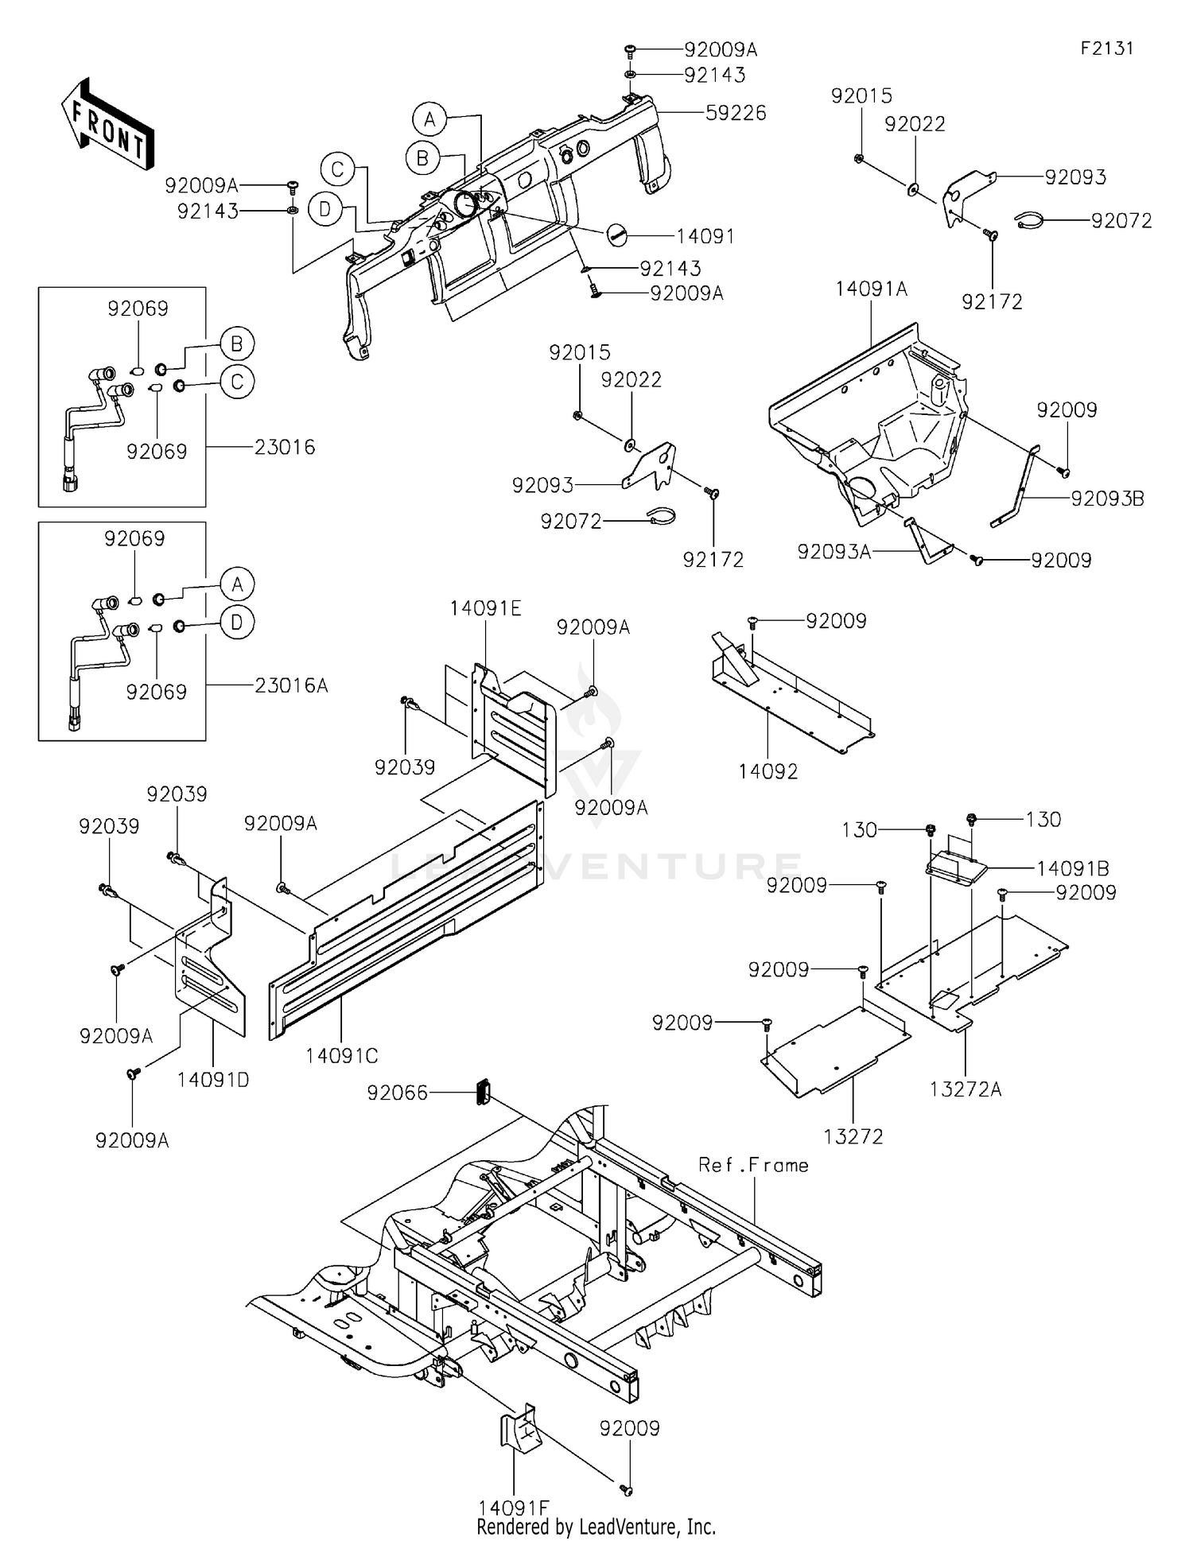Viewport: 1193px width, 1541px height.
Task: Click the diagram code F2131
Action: click(1106, 49)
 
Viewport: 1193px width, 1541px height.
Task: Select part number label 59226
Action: click(736, 113)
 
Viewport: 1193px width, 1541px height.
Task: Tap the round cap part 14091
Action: click(617, 234)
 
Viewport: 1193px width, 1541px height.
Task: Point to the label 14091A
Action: click(871, 289)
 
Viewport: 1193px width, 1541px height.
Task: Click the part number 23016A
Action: click(291, 685)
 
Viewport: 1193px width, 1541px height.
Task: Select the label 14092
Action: click(767, 771)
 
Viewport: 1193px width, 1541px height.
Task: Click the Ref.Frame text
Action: click(753, 1166)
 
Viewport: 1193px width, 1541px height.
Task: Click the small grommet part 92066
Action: click(482, 1092)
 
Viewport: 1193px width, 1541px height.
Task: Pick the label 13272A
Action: click(966, 1090)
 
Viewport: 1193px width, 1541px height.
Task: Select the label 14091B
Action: click(1072, 868)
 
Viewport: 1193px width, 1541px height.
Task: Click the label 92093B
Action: click(1107, 499)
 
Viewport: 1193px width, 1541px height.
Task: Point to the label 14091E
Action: click(485, 609)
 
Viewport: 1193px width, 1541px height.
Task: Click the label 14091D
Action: click(213, 1080)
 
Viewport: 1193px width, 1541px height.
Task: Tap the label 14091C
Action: click(342, 1056)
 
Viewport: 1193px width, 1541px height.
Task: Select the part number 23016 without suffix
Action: click(285, 447)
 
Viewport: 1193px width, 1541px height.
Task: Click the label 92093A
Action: click(834, 552)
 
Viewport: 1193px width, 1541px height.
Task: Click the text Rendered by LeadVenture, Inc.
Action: click(596, 1527)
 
